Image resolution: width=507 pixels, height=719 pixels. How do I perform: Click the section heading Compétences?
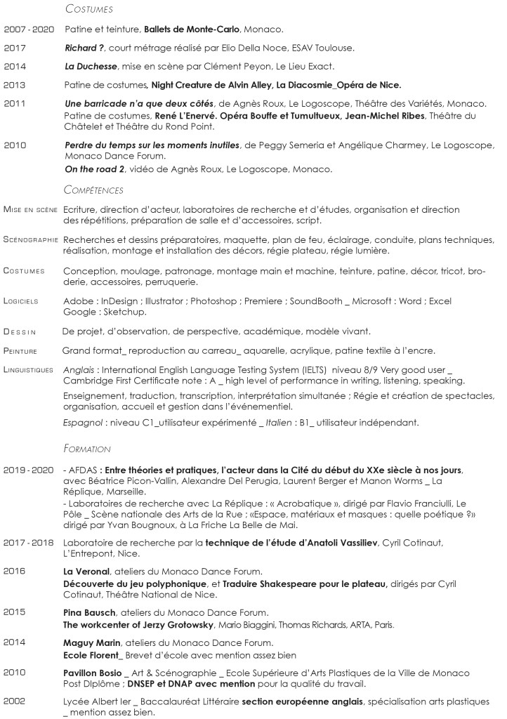coord(94,190)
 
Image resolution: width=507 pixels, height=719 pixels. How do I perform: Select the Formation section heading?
coord(87,448)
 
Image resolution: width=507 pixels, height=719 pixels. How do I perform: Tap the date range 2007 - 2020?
coord(29,30)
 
